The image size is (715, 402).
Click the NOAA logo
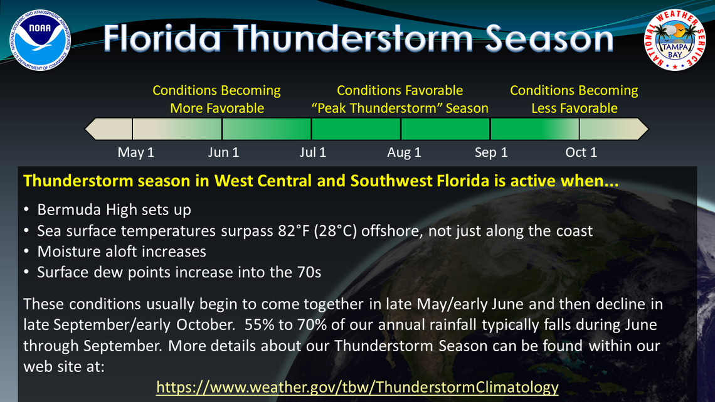pyautogui.click(x=40, y=40)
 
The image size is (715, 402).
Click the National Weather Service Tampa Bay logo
pyautogui.click(x=675, y=40)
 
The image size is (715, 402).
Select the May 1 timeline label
pyautogui.click(x=135, y=152)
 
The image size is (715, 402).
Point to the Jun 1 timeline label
pyautogui.click(x=223, y=152)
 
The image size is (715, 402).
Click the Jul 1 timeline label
pyautogui.click(x=313, y=152)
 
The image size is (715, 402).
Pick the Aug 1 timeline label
pyautogui.click(x=404, y=152)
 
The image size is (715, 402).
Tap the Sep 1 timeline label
pyautogui.click(x=491, y=152)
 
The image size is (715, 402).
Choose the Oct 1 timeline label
pyautogui.click(x=581, y=152)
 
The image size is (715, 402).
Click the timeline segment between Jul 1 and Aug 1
pyautogui.click(x=356, y=129)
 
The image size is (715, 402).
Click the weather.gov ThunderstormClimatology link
pyautogui.click(x=357, y=387)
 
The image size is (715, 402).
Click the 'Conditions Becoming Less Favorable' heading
pyautogui.click(x=574, y=99)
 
